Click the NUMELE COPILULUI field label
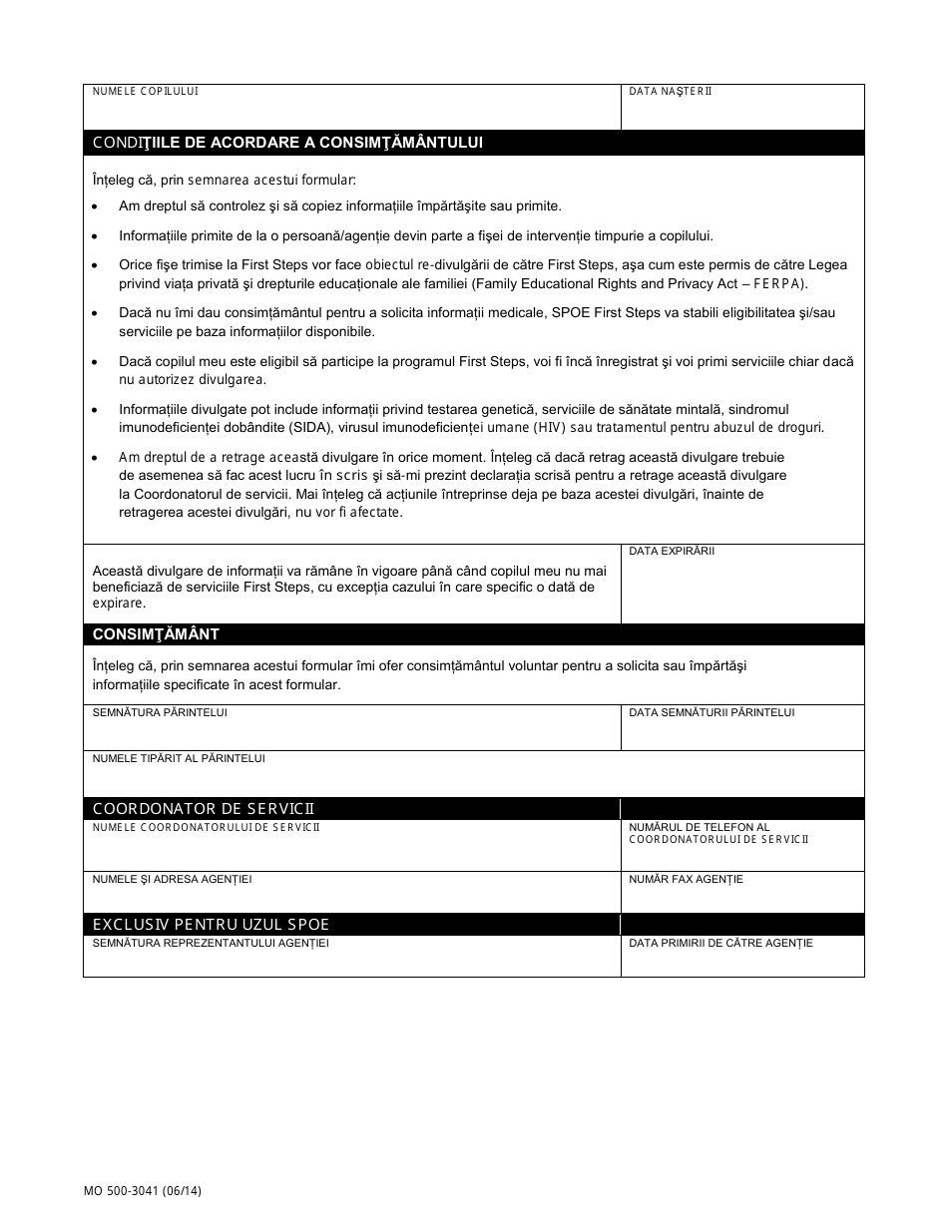[146, 91]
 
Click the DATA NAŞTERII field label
[671, 91]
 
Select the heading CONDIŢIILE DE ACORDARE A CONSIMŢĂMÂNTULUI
[287, 142]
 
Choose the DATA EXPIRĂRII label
[672, 551]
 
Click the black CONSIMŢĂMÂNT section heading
[157, 634]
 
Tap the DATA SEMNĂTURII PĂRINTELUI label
[711, 712]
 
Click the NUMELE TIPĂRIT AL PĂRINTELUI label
[179, 758]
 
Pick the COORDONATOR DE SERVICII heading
[205, 809]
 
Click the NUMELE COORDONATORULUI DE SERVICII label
[207, 827]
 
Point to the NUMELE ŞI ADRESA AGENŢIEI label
[173, 879]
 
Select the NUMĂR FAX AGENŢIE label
[686, 879]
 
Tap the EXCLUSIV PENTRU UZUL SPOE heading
[211, 925]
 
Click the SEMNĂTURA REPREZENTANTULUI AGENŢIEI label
[211, 943]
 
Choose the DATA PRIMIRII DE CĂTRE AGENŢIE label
[720, 943]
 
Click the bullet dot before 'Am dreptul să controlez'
[94, 206]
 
